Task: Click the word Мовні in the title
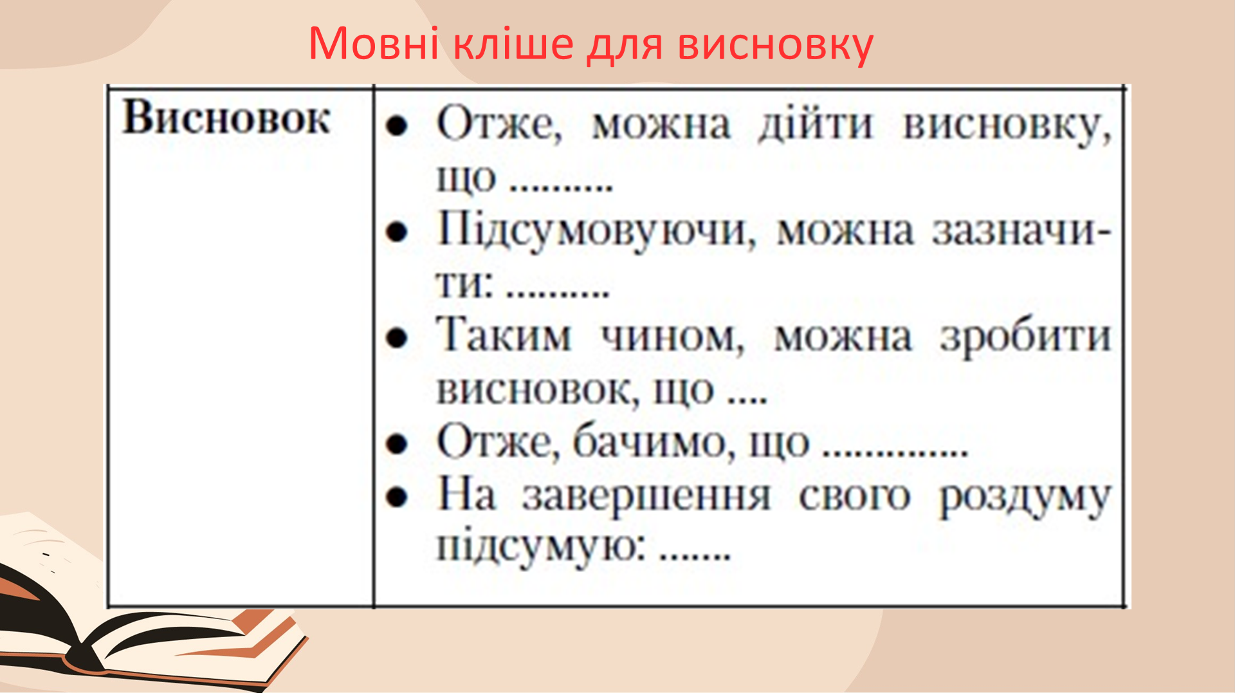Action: coord(374,44)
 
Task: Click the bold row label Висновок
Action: coord(226,118)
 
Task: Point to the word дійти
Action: coord(816,124)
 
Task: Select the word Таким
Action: coord(504,336)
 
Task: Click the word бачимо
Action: coord(654,443)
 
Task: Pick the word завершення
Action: coord(646,497)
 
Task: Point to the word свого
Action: coord(855,497)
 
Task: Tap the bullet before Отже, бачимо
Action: coord(397,443)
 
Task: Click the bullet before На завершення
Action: coord(397,497)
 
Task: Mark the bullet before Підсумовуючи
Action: coord(397,231)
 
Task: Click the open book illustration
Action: coord(142,618)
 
